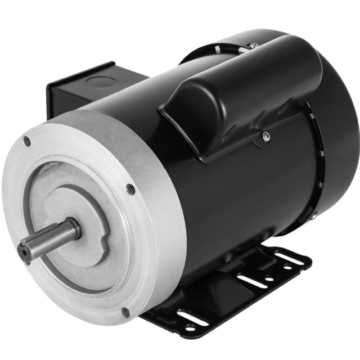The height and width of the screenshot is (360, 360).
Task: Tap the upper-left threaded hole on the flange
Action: pyautogui.click(x=27, y=141)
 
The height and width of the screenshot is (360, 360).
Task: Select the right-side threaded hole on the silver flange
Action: pyautogui.click(x=131, y=190)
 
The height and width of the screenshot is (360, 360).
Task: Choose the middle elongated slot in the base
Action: pyautogui.click(x=251, y=279)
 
